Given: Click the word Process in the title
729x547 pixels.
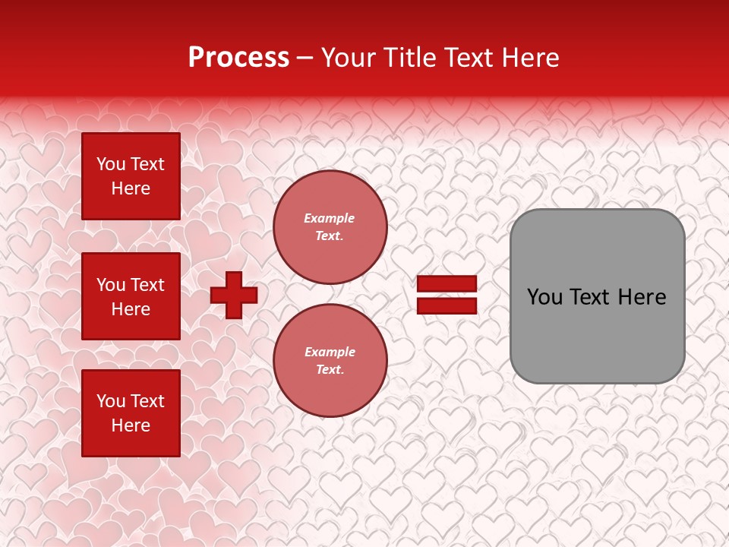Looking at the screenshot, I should point(238,58).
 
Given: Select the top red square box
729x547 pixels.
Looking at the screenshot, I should point(131,176).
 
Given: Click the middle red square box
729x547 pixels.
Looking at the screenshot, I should point(131,296).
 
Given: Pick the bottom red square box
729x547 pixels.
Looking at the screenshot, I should point(131,413).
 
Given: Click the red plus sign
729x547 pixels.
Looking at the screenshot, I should point(234,295).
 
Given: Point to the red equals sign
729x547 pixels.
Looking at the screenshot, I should point(447,295).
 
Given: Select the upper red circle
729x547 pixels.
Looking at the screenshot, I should point(330,227).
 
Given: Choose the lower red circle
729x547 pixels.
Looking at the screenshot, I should point(330,361).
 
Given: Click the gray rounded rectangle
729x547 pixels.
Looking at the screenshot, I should point(597,296).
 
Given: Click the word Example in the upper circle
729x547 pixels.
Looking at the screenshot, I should point(330,218).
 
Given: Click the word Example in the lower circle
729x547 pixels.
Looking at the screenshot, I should point(330,352).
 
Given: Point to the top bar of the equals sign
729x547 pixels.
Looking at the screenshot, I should point(447,284).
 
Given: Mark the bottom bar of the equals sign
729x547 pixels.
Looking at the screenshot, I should point(447,305).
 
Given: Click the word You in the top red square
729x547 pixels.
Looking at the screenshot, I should point(111,164).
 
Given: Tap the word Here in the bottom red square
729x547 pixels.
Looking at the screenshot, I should point(131,425).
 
